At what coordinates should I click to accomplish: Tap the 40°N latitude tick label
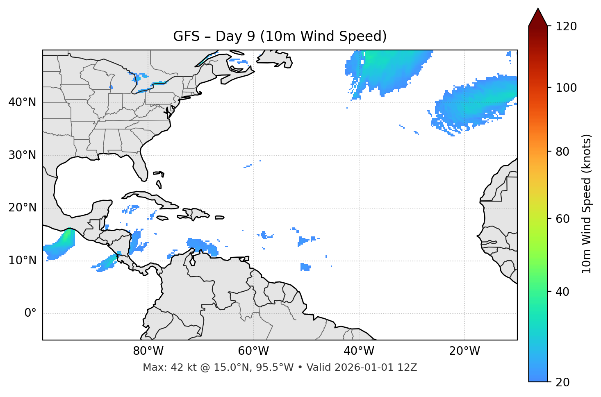[x=22, y=102]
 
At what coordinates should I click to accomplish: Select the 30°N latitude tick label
[x=22, y=155]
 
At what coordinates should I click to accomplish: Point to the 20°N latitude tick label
[x=22, y=208]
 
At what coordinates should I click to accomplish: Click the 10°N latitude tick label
[x=22, y=261]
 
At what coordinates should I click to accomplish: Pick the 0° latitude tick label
[x=30, y=313]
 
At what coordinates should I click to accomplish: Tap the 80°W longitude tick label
[x=148, y=351]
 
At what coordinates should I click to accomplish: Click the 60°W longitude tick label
[x=253, y=351]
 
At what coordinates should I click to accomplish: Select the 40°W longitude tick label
[x=359, y=351]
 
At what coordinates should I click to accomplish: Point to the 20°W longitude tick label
[x=464, y=351]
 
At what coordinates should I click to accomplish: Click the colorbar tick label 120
[x=566, y=27]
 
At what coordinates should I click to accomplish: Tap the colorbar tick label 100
[x=566, y=88]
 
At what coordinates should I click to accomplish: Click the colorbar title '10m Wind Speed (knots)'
[x=587, y=204]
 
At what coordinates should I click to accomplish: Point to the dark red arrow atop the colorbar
[x=538, y=17]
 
